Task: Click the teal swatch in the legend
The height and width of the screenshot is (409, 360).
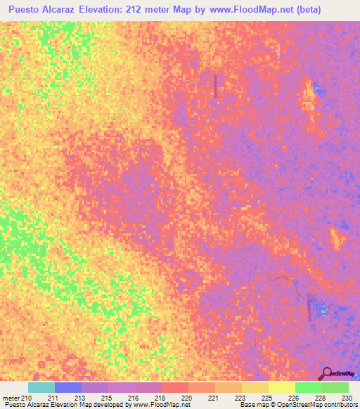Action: click(41, 387)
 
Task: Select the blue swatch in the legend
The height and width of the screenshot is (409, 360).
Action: click(67, 387)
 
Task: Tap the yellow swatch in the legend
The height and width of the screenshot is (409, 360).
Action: click(281, 387)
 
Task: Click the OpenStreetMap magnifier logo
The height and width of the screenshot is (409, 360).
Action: click(327, 372)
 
